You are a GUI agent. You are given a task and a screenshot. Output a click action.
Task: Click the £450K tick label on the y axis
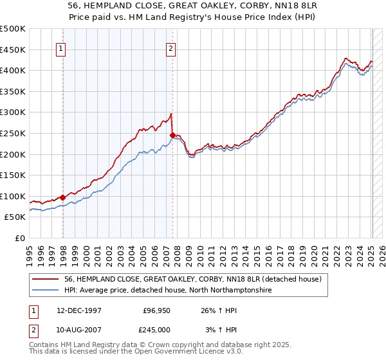14,50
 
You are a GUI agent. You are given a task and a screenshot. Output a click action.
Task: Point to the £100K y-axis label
14,196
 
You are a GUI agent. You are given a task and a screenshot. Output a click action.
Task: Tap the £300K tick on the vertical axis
14,113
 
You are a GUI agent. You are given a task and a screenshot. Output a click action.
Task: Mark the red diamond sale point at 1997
63,197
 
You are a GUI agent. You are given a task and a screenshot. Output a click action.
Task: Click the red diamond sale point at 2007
172,135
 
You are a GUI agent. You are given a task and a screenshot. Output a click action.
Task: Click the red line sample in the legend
46,279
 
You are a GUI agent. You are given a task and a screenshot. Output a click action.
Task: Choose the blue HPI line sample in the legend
46,290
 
